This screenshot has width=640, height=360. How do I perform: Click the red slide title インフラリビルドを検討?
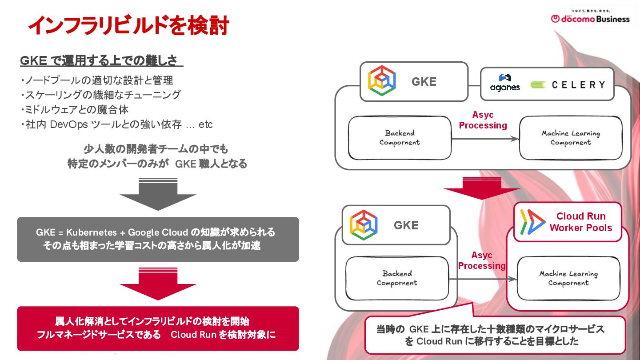coord(128,26)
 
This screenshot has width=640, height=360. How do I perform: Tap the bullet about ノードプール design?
coord(97,80)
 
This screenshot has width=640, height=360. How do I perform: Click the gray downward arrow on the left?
coord(158,194)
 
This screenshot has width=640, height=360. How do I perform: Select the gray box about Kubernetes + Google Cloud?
coord(158,239)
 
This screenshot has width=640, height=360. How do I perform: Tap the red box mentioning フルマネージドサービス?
coord(158,328)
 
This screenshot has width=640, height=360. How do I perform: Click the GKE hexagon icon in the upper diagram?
coord(382,81)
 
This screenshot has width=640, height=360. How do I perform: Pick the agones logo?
coord(505,83)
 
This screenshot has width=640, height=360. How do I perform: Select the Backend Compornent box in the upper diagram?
coord(400,138)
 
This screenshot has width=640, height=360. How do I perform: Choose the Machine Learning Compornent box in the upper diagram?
coord(570,138)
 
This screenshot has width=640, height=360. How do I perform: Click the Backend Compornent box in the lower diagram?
coord(397,278)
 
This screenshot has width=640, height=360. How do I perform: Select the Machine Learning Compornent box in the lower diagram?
coord(568,278)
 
